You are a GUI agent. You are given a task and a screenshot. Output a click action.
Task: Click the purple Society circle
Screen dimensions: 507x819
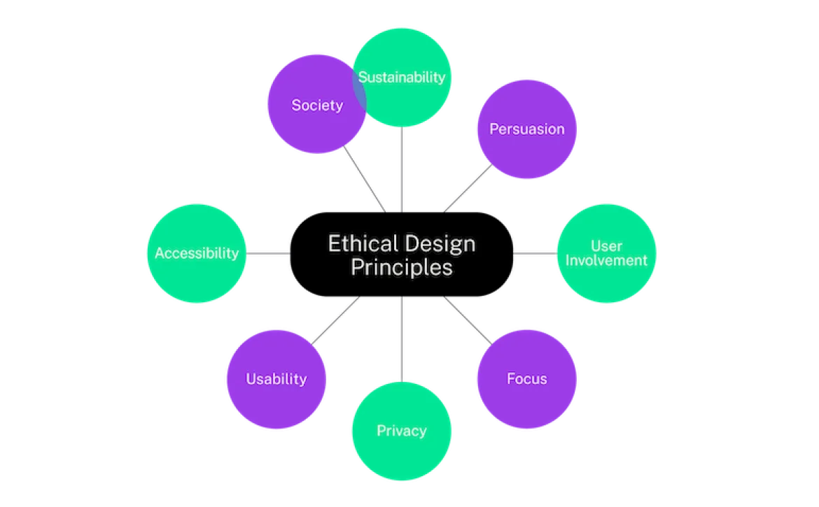click(308, 122)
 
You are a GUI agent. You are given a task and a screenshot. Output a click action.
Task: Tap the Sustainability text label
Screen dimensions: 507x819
click(402, 77)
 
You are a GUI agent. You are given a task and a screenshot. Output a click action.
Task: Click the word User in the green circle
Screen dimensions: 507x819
click(606, 245)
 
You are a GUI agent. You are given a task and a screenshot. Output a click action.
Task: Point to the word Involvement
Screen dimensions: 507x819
click(606, 261)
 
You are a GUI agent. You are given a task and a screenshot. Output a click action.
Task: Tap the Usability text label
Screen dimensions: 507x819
click(276, 379)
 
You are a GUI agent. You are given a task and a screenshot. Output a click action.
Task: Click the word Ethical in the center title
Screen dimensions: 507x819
click(361, 244)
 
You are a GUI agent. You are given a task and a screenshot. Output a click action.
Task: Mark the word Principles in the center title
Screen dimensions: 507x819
click(401, 268)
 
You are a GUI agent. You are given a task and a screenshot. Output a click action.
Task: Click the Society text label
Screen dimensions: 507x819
click(317, 106)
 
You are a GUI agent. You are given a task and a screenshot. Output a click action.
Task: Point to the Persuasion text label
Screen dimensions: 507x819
click(526, 129)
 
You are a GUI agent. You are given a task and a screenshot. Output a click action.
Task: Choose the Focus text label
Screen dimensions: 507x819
click(527, 379)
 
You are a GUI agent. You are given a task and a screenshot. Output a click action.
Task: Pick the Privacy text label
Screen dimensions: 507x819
click(401, 431)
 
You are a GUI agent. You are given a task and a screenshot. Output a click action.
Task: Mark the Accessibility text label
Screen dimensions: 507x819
click(197, 253)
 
